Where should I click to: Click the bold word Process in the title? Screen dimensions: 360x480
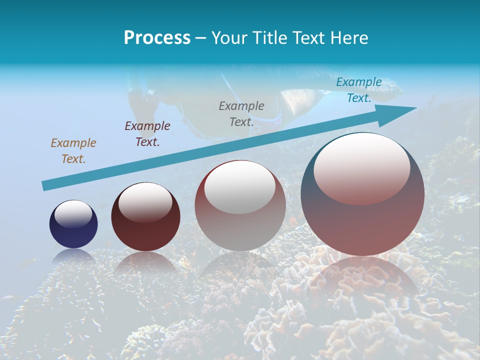pos(157,38)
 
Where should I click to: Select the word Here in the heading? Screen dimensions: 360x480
pos(349,38)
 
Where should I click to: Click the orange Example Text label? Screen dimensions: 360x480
pos(73,150)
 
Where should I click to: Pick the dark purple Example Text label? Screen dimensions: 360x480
pos(147,133)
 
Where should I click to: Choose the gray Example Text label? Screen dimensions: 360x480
pos(241,113)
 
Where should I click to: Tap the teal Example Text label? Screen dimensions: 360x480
pos(359,90)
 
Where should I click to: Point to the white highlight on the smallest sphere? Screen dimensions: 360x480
pos(73,214)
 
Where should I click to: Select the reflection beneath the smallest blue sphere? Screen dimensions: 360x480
pos(73,256)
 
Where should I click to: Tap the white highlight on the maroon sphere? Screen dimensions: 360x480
pos(145,201)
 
